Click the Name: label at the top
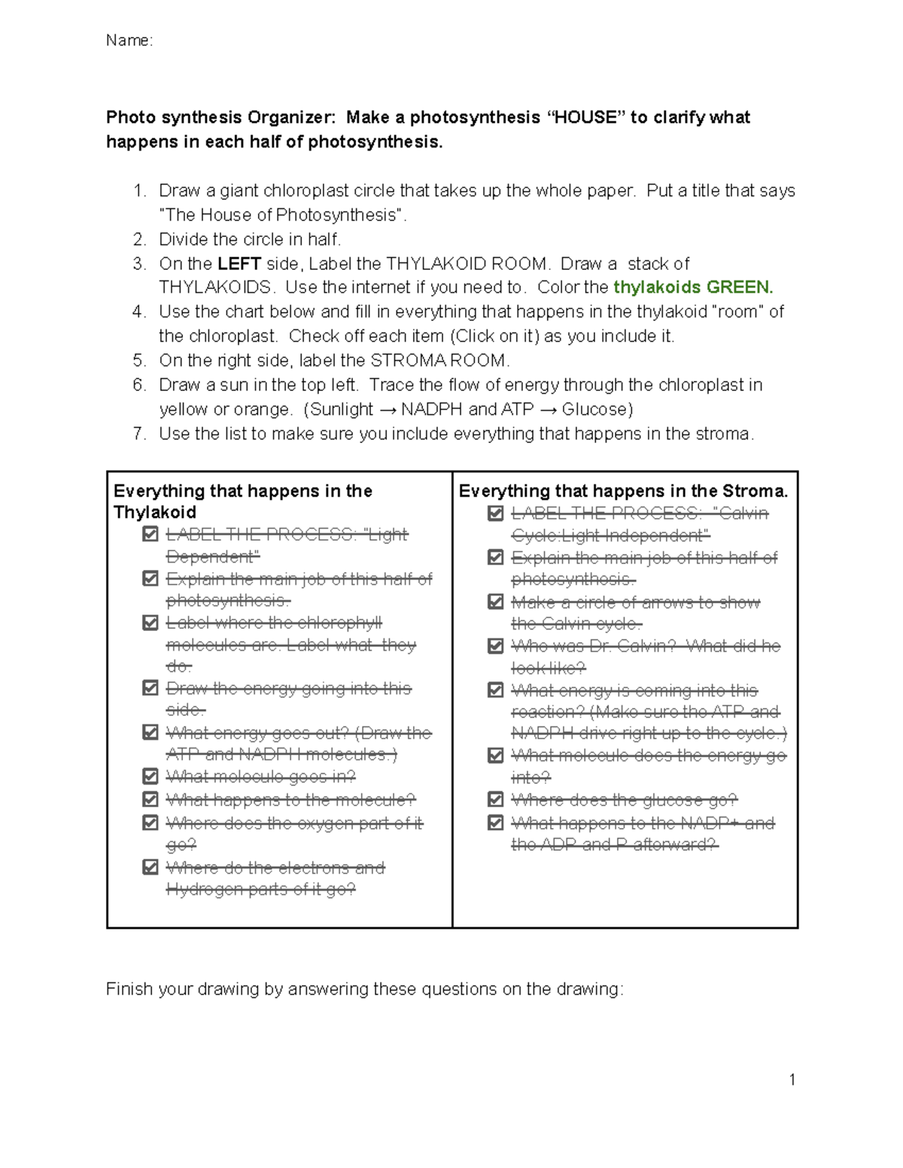(x=129, y=41)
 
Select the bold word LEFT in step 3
(x=239, y=264)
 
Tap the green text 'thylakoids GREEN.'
(x=693, y=287)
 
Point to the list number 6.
(x=139, y=385)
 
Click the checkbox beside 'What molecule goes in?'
(x=150, y=776)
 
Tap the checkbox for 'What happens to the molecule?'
(x=150, y=799)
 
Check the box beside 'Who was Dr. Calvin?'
(x=495, y=646)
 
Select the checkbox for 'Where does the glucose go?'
(x=495, y=799)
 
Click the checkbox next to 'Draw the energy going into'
(x=150, y=688)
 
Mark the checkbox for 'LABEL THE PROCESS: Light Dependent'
(x=150, y=534)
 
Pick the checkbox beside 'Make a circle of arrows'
(x=495, y=602)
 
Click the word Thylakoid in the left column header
(x=154, y=512)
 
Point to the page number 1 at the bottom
(x=792, y=1080)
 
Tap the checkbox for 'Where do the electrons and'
(x=150, y=867)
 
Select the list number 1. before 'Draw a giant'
(x=139, y=191)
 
